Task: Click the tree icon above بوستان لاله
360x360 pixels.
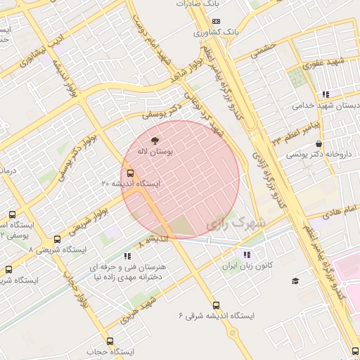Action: coord(155,140)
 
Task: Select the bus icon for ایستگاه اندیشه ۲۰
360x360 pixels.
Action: coord(130,172)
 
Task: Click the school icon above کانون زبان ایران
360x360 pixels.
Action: coord(247,255)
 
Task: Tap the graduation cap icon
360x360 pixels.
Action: coord(295,281)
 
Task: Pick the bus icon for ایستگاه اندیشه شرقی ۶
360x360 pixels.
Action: coord(216,306)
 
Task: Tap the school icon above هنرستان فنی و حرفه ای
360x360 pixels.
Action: coord(127,257)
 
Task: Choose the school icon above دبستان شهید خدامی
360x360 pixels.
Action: coord(325,94)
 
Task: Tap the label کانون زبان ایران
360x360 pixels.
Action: coord(247,266)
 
